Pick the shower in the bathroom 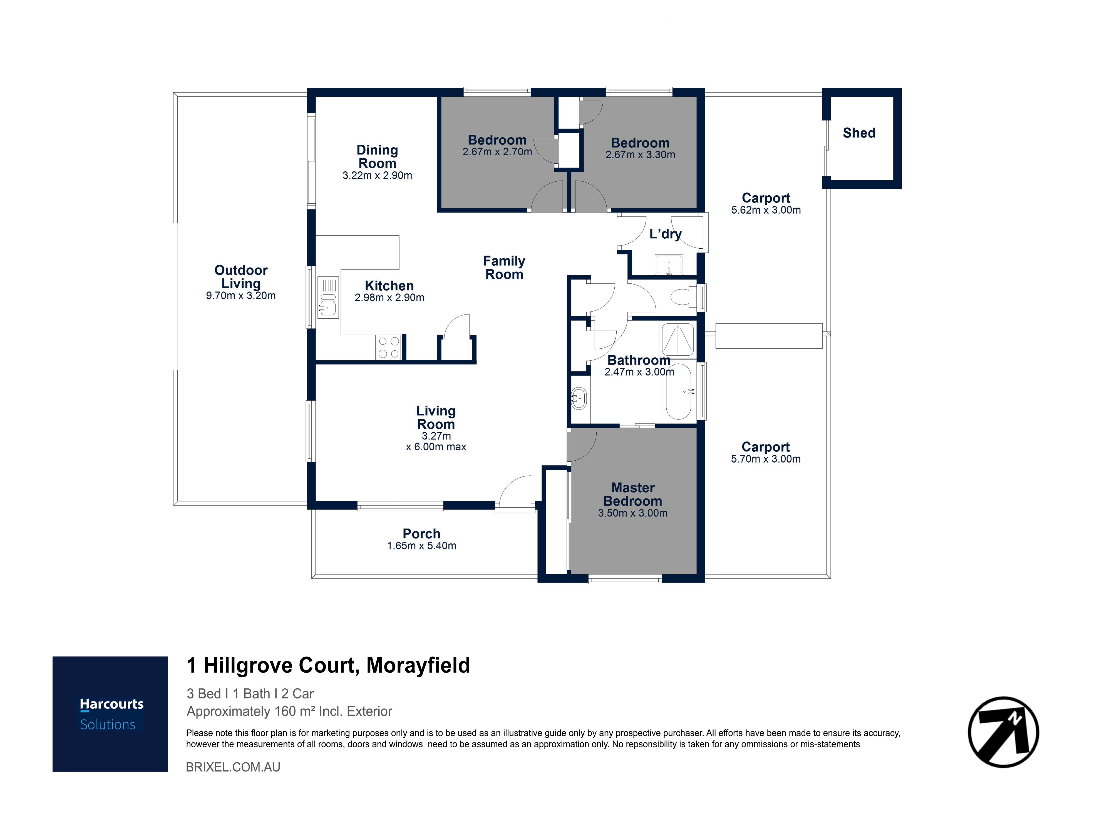pos(678,339)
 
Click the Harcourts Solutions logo pos(110,714)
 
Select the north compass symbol pos(1003,732)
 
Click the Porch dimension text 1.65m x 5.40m pos(421,546)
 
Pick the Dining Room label pos(377,157)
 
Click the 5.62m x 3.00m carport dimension pos(766,210)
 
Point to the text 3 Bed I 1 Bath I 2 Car pos(250,694)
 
